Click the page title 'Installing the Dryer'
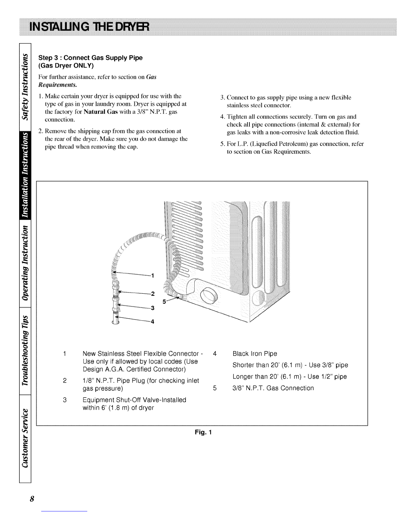89,27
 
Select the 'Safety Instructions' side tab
25,87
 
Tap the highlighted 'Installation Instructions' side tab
25,175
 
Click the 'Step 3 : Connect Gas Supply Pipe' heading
90,58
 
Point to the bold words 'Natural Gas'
101,112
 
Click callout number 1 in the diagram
153,275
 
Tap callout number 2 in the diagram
153,294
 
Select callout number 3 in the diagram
153,308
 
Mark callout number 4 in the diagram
152,322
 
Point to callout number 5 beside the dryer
164,301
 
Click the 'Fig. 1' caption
203,432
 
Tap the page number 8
32,499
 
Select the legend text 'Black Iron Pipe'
255,354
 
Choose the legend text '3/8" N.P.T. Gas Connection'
273,388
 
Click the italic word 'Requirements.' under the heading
58,85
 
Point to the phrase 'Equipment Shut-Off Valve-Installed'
134,400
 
